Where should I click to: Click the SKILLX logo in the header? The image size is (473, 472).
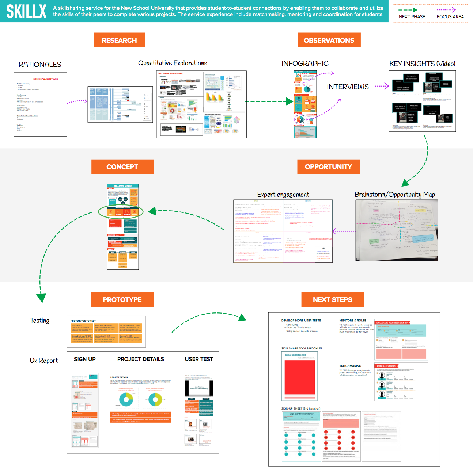26,11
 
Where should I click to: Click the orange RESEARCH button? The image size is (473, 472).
119,40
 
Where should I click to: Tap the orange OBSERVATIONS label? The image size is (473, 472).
329,40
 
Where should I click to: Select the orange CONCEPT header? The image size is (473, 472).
122,167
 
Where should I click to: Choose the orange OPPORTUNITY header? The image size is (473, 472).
328,167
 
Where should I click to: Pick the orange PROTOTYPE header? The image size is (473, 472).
122,300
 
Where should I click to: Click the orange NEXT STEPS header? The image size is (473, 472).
332,300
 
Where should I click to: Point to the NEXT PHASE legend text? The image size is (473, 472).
412,17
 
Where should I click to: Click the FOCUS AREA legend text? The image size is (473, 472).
450,17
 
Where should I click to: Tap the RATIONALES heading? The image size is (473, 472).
40,65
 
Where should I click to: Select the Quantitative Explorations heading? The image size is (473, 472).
173,63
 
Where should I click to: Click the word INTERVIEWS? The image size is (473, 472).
348,87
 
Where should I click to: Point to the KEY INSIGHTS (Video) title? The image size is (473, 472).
422,64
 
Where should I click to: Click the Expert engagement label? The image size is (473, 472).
283,195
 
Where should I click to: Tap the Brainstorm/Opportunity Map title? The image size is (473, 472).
395,195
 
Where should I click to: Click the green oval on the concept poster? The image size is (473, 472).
120,212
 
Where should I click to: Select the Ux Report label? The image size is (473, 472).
44,361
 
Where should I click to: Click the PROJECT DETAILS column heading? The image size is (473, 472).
140,359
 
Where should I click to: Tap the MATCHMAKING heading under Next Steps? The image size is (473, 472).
350,366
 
